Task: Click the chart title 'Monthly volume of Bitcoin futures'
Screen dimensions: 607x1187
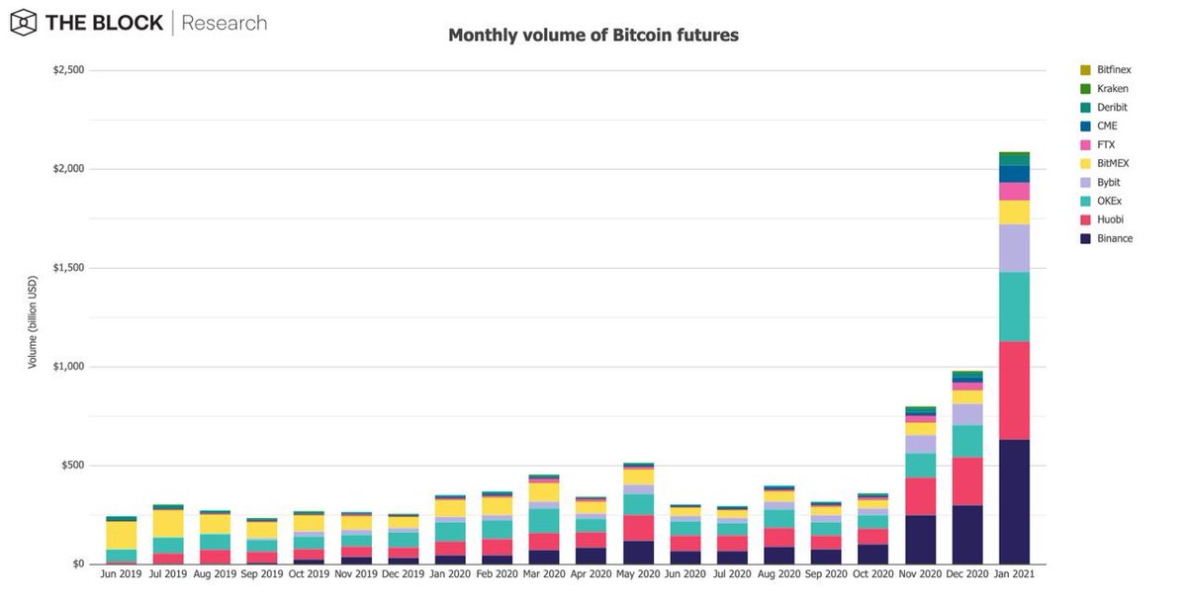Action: click(593, 36)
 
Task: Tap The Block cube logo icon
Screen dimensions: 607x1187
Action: click(25, 23)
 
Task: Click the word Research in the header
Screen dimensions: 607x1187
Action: click(225, 23)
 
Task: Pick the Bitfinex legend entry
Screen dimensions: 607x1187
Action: click(1106, 70)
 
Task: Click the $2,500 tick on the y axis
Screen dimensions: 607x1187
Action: click(68, 70)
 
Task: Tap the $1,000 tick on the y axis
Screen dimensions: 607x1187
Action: click(68, 367)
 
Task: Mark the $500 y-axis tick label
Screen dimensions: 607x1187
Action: click(72, 466)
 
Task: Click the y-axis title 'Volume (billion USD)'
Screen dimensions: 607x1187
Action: click(32, 320)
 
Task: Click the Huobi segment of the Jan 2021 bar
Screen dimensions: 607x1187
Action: click(1014, 390)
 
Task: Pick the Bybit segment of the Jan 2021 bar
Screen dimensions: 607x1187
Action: click(1014, 248)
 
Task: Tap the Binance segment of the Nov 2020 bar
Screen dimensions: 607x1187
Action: click(920, 539)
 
